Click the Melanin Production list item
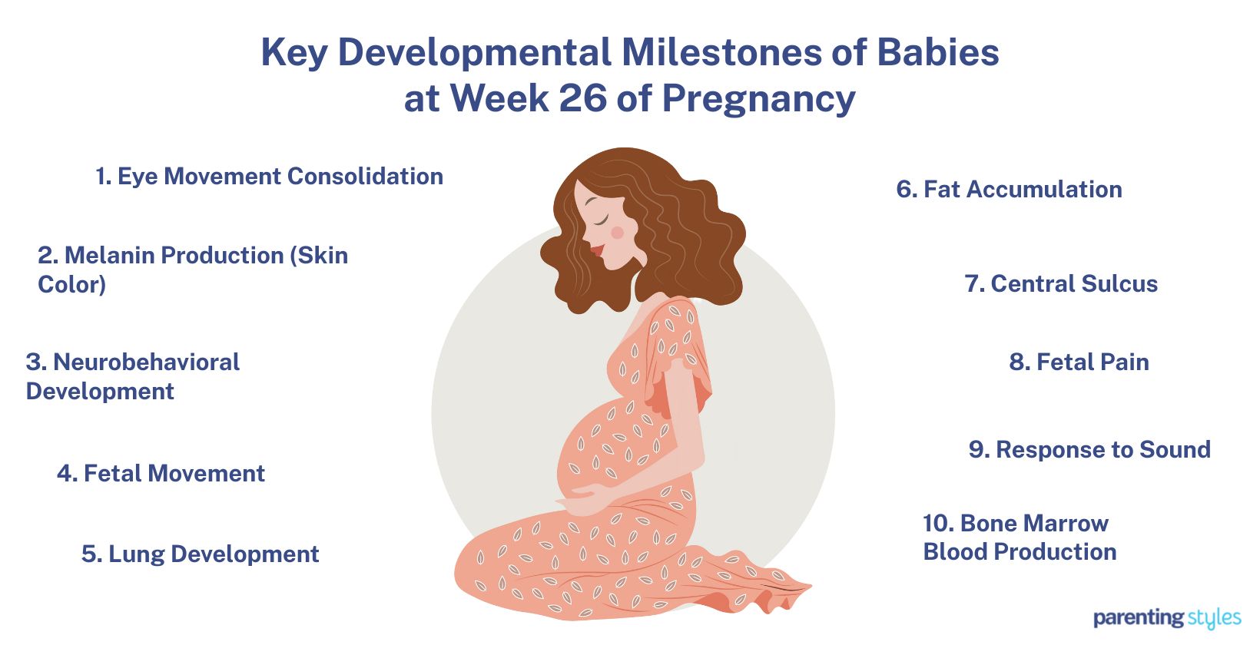pos(193,270)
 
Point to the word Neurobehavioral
pos(146,362)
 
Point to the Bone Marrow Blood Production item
pos(1020,537)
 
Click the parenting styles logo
pos(1167,618)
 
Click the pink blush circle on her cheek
pos(618,232)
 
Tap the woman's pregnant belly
pos(605,450)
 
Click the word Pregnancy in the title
pos(759,99)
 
